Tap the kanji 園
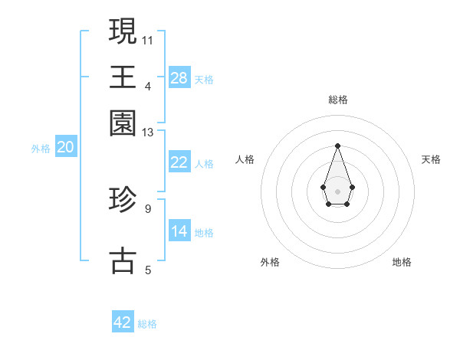coord(123,123)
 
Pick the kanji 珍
coord(123,201)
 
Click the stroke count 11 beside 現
coord(148,39)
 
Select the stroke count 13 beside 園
coord(148,133)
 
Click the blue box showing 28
coord(179,77)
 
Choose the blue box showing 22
coord(179,162)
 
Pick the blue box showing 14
coord(179,231)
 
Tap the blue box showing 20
coord(65,148)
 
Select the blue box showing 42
coord(123,322)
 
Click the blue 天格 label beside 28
coord(204,79)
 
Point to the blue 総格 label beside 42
coord(147,324)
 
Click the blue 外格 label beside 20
coord(41,149)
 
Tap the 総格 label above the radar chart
coord(338,100)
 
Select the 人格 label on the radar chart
coord(245,159)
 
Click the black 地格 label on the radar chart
coord(402,262)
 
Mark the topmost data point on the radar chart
coord(337,146)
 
